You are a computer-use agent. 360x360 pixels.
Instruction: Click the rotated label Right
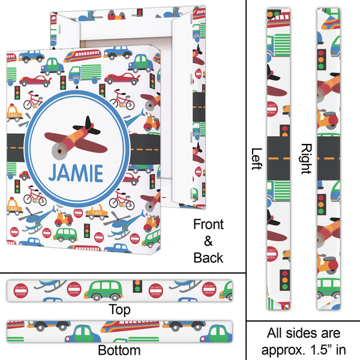305,159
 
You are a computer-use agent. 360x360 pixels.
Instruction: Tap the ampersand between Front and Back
208,241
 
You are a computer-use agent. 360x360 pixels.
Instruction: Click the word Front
208,225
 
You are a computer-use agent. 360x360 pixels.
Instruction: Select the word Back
208,258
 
